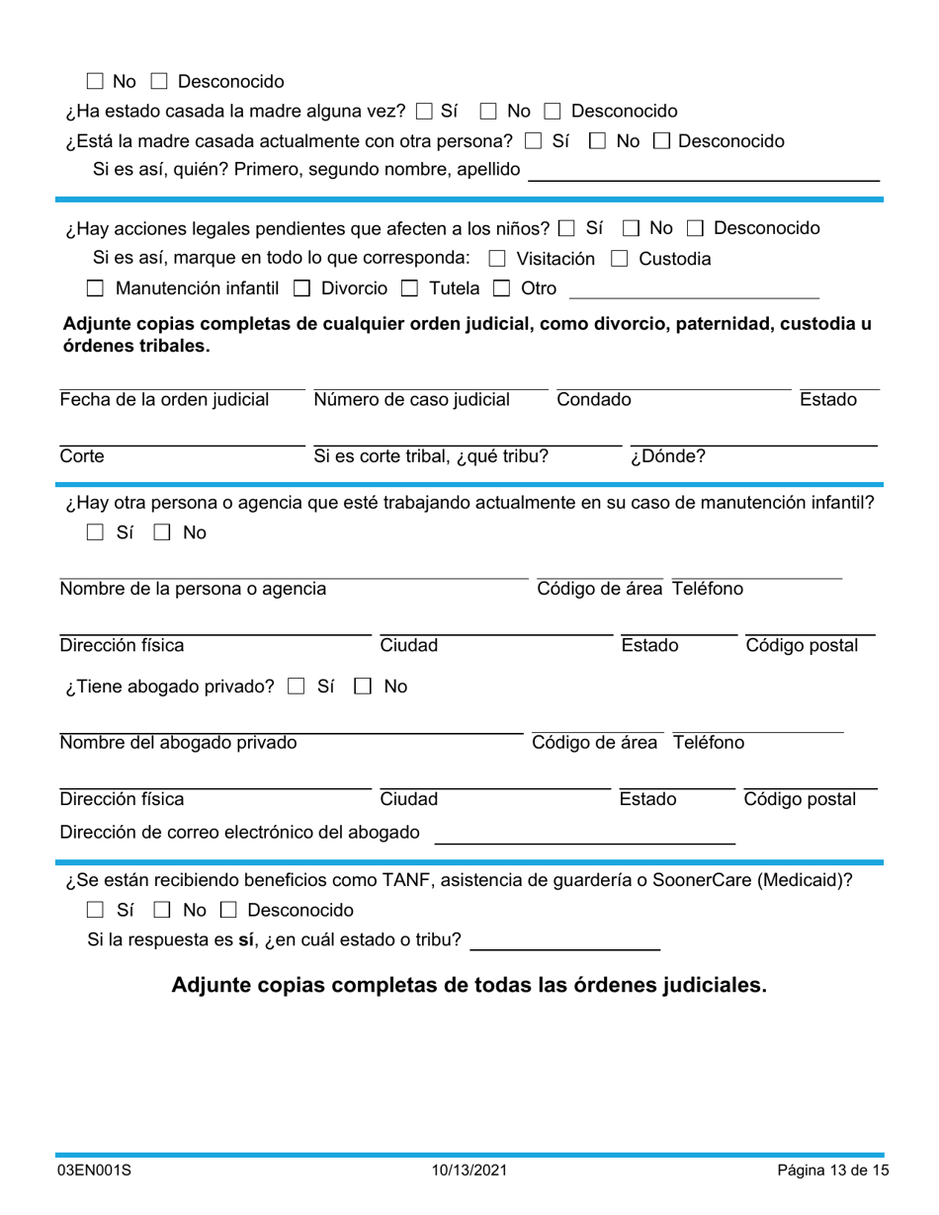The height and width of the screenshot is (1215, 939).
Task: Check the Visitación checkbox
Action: pos(497,259)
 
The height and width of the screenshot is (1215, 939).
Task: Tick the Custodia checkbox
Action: pos(619,259)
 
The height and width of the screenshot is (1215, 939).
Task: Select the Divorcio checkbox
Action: pos(302,288)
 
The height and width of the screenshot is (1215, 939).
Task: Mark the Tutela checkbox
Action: pos(409,288)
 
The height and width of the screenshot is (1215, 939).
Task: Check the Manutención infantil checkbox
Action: pos(95,288)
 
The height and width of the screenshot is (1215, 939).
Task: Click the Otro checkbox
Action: pos(501,288)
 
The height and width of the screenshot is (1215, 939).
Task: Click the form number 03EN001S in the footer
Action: pos(94,1171)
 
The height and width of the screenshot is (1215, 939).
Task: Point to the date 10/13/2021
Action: pos(469,1171)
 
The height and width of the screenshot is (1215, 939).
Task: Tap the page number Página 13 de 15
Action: pos(832,1171)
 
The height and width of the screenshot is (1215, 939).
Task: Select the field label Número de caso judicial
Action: pos(411,400)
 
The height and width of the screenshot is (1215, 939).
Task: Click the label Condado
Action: pos(593,400)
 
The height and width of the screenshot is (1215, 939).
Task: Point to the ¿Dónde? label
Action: pos(668,456)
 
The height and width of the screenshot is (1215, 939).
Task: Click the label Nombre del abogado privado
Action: pos(178,743)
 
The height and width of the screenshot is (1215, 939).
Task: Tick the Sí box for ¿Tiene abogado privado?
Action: pos(296,686)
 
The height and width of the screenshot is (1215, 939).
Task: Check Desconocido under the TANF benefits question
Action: pos(228,910)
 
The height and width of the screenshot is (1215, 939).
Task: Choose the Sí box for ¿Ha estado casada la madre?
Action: pos(425,111)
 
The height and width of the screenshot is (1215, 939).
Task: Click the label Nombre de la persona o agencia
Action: pos(193,590)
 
